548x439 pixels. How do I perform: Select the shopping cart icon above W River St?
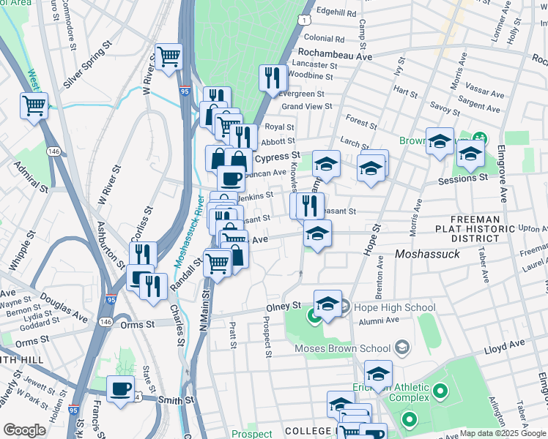[x=169, y=56]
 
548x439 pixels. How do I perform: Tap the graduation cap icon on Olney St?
[x=327, y=304]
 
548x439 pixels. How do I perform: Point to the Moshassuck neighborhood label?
[x=426, y=254]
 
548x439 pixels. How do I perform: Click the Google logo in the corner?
[x=24, y=430]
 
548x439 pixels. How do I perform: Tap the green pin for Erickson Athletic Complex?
[x=440, y=393]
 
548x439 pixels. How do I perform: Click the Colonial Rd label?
[x=324, y=39]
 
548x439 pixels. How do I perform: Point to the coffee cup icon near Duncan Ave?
[x=231, y=178]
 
